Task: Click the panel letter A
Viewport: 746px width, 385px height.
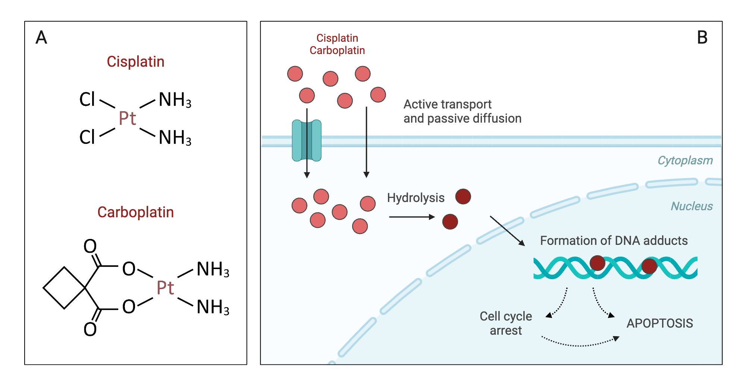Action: pyautogui.click(x=41, y=38)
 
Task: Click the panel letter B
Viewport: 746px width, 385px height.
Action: pyautogui.click(x=702, y=38)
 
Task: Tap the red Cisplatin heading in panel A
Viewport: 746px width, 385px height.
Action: pyautogui.click(x=135, y=62)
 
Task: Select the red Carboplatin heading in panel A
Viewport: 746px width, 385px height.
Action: pyautogui.click(x=135, y=212)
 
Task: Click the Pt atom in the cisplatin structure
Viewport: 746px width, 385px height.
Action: pyautogui.click(x=127, y=119)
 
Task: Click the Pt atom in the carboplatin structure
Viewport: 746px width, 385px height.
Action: pyautogui.click(x=165, y=288)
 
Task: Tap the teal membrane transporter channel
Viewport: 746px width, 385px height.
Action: pyautogui.click(x=307, y=141)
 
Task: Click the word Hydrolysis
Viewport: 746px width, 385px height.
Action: pyautogui.click(x=416, y=198)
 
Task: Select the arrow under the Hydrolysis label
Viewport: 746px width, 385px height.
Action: pyautogui.click(x=411, y=217)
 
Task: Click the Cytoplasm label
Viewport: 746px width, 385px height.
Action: pyautogui.click(x=685, y=161)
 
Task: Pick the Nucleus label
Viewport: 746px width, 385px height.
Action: pyautogui.click(x=692, y=206)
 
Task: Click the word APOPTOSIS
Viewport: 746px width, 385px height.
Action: pyautogui.click(x=659, y=324)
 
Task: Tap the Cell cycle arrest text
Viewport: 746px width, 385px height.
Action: pyautogui.click(x=506, y=324)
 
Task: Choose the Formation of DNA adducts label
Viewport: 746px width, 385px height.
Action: pyautogui.click(x=614, y=241)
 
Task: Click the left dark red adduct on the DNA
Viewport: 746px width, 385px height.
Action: pyautogui.click(x=597, y=263)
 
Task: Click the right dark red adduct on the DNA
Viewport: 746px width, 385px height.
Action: pyautogui.click(x=649, y=266)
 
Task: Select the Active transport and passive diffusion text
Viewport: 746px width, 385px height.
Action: pyautogui.click(x=462, y=111)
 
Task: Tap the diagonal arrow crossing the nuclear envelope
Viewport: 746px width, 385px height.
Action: pyautogui.click(x=507, y=231)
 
